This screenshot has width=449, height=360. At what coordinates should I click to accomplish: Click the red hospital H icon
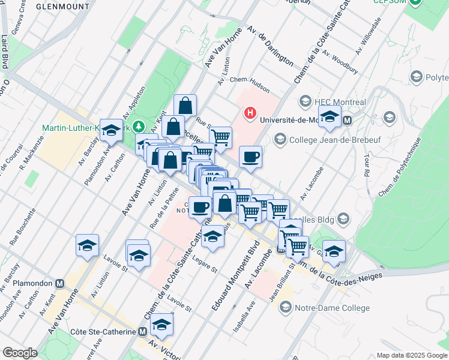[x=249, y=112]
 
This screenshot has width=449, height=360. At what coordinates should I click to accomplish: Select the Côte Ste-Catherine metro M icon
[x=142, y=331]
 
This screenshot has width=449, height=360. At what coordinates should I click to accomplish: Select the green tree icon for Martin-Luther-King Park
[x=139, y=127]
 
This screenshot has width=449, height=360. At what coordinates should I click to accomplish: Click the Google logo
[x=20, y=352]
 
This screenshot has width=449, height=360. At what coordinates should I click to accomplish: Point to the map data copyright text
[x=411, y=355]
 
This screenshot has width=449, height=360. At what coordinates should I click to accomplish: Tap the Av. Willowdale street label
[x=368, y=35]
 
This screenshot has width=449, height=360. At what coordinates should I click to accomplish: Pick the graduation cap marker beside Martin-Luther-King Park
[x=111, y=130]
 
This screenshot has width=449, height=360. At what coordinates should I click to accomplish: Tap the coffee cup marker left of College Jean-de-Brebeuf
[x=250, y=158]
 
